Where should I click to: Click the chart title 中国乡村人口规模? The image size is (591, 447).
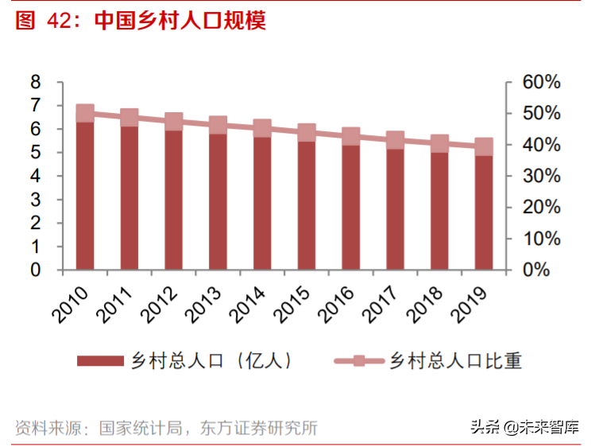click(x=180, y=20)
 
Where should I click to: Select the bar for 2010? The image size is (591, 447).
click(x=85, y=195)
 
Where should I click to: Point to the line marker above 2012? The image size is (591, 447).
click(x=173, y=122)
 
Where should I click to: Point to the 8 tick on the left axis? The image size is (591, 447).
click(x=35, y=82)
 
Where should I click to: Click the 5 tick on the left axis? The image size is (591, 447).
click(x=35, y=153)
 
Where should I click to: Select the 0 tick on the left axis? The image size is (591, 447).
click(x=35, y=270)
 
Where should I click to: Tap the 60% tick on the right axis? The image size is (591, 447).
click(x=543, y=82)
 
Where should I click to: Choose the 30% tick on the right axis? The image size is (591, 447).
click(x=543, y=176)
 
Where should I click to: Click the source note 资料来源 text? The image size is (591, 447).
click(x=167, y=428)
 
